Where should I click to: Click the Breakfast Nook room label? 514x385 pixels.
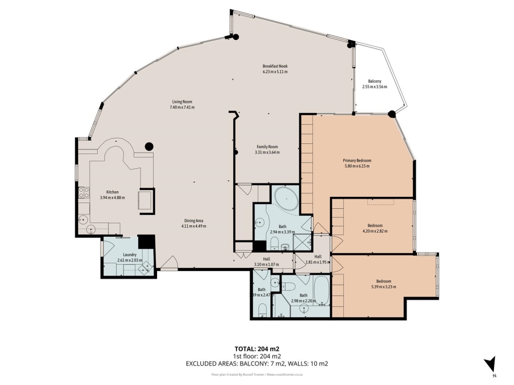click(275, 66)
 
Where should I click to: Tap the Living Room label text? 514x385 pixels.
click(182, 102)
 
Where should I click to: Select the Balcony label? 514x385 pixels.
click(375, 82)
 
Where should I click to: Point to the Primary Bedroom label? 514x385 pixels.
click(357, 160)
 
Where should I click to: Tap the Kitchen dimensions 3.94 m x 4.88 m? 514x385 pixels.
click(112, 197)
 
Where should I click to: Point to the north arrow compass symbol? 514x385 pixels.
click(489, 365)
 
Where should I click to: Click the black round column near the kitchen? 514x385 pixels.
click(148, 146)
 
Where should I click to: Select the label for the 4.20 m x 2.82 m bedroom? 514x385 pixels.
click(375, 225)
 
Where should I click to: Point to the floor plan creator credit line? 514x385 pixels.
click(256, 375)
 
